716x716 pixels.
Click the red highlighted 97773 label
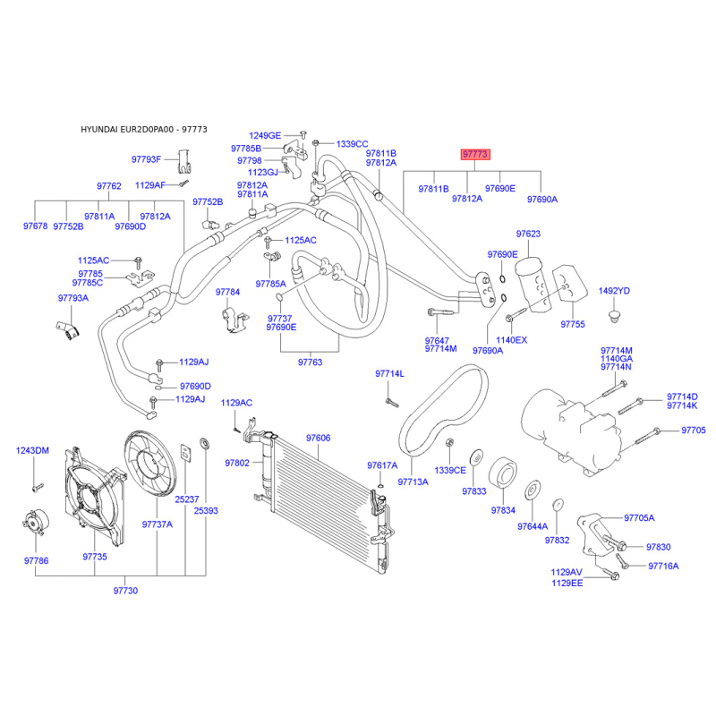(x=475, y=154)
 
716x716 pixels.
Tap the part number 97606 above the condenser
(x=319, y=438)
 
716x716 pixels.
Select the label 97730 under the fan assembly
(x=125, y=591)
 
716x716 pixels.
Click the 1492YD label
(x=614, y=291)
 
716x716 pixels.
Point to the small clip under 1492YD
(x=615, y=317)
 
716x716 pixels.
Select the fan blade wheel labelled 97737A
(x=150, y=464)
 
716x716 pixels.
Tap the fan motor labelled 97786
(x=36, y=522)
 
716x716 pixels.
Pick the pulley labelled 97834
(x=503, y=473)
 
